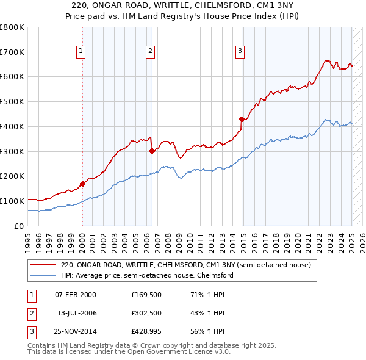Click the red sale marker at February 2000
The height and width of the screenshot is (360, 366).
click(82, 183)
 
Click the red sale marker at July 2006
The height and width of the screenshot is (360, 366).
click(151, 151)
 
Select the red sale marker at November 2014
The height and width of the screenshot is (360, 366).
click(242, 119)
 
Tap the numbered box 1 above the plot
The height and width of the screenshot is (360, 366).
click(81, 52)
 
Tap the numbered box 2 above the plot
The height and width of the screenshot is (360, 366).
click(150, 52)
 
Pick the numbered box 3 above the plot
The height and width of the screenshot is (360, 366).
click(240, 52)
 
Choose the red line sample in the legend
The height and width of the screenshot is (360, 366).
click(43, 265)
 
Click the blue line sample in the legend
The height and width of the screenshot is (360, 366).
click(43, 276)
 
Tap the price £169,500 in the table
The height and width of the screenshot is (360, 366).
click(146, 295)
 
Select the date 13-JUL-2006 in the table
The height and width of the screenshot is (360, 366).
click(77, 313)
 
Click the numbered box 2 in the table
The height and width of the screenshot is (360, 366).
click(30, 313)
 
